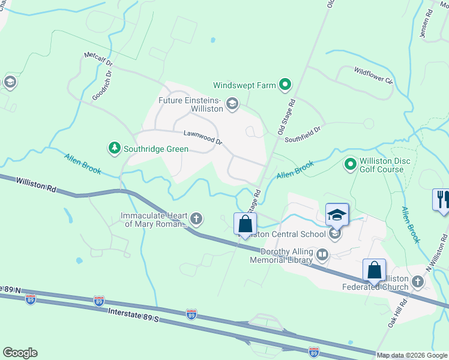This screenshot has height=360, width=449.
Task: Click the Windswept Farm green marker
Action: pos(286,85)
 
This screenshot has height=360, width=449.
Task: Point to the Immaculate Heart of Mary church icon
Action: pos(196,218)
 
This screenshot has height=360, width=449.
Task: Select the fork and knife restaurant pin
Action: pos(442,200)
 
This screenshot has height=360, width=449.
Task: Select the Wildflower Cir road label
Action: pos(373,76)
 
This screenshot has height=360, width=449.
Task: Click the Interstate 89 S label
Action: pos(133,314)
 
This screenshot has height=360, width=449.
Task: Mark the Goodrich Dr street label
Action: pos(102,86)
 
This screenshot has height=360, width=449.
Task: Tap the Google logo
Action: pos(20,353)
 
